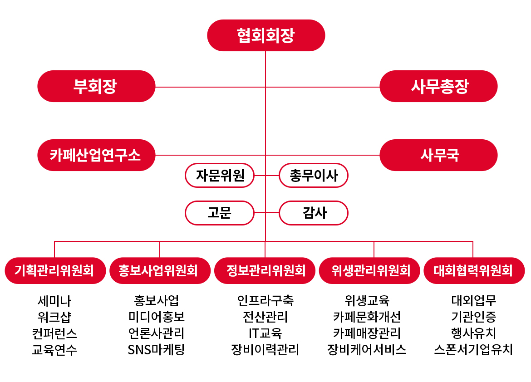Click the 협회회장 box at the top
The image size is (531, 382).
(266, 35)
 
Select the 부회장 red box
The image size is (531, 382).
(96, 86)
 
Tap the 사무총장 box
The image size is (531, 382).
(438, 86)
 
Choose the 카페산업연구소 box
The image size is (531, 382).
(96, 155)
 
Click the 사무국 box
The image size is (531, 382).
(438, 155)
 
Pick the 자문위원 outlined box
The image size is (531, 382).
(220, 176)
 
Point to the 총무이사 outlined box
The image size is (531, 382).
(314, 176)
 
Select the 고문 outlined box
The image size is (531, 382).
(220, 213)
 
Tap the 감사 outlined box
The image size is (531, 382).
(314, 213)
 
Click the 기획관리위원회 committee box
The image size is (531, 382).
(55, 270)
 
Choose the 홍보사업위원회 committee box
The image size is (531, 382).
(160, 270)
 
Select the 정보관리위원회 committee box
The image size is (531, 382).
(265, 270)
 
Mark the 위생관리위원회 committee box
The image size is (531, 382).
(369, 270)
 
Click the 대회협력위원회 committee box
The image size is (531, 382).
(474, 270)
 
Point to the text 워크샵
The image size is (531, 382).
(54, 317)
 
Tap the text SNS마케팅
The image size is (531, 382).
(156, 350)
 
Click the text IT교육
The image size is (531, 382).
(265, 333)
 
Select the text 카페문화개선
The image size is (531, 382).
(367, 317)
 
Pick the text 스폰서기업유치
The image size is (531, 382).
(473, 350)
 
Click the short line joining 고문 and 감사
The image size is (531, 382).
(266, 212)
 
